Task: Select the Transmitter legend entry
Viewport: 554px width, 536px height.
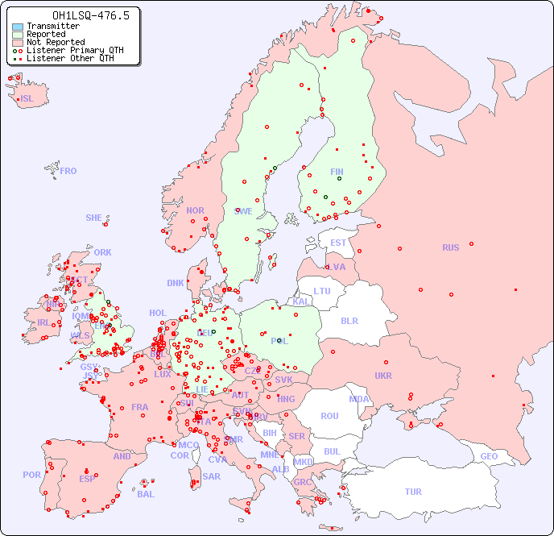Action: pyautogui.click(x=52, y=27)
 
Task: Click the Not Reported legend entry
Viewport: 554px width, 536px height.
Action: pyautogui.click(x=55, y=43)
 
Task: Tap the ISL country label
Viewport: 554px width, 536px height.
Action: pyautogui.click(x=27, y=99)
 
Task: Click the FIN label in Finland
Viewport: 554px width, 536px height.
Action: pyautogui.click(x=337, y=172)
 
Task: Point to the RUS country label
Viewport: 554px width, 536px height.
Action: pyautogui.click(x=450, y=247)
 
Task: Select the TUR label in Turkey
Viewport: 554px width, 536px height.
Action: pyautogui.click(x=413, y=492)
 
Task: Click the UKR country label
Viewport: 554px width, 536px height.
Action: pyautogui.click(x=383, y=376)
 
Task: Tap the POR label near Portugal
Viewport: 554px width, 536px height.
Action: pyautogui.click(x=31, y=475)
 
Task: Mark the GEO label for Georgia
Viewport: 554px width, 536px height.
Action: pyautogui.click(x=489, y=456)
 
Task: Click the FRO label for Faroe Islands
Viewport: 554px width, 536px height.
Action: pyautogui.click(x=68, y=171)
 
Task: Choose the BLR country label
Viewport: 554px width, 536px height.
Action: pyautogui.click(x=349, y=320)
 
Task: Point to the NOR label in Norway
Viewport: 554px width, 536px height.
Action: pyautogui.click(x=195, y=210)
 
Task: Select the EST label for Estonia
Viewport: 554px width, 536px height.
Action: pyautogui.click(x=338, y=243)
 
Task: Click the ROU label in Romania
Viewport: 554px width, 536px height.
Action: pyautogui.click(x=329, y=416)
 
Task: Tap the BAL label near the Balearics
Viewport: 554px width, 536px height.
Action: pyautogui.click(x=145, y=494)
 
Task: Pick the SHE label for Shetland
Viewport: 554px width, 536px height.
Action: pyautogui.click(x=94, y=218)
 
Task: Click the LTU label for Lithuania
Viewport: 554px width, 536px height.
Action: pyautogui.click(x=322, y=291)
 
